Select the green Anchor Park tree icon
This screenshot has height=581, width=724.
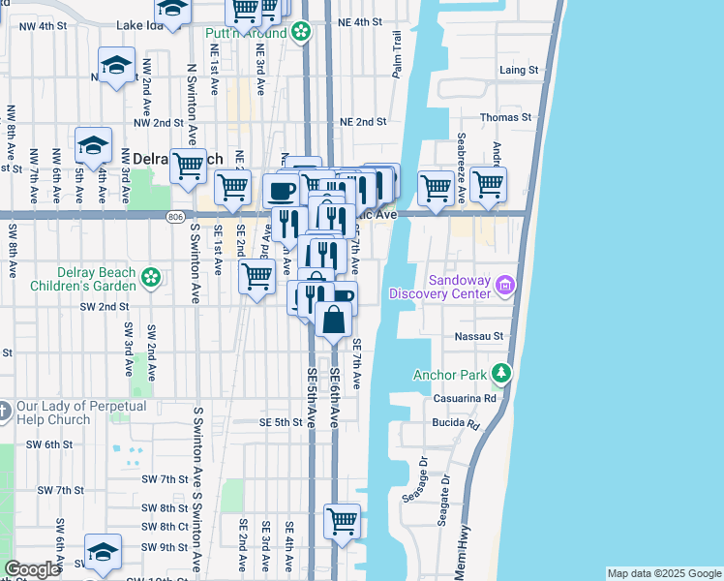pyautogui.click(x=500, y=373)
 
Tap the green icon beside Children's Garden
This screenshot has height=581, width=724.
pyautogui.click(x=151, y=279)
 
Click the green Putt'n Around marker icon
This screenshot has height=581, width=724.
pyautogui.click(x=301, y=33)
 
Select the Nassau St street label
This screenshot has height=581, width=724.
pyautogui.click(x=480, y=336)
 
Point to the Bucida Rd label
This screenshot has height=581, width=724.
pyautogui.click(x=459, y=424)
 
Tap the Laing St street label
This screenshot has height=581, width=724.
pyautogui.click(x=519, y=71)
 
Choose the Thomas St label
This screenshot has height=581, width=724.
pyautogui.click(x=506, y=117)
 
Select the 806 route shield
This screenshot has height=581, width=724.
pyautogui.click(x=175, y=216)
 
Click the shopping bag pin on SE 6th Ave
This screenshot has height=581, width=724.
pyautogui.click(x=334, y=320)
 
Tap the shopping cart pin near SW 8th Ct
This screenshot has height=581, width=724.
pyautogui.click(x=342, y=521)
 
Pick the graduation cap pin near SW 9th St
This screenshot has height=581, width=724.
pyautogui.click(x=102, y=550)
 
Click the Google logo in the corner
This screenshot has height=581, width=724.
pyautogui.click(x=32, y=569)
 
